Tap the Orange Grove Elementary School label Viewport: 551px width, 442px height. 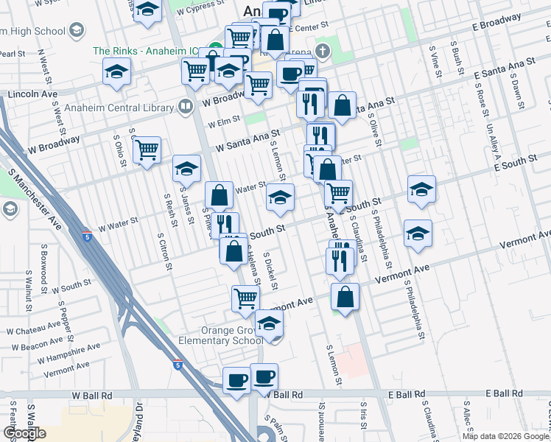click(x=222, y=335)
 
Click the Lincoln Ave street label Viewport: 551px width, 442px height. click(x=32, y=94)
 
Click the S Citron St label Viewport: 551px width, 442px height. click(x=169, y=251)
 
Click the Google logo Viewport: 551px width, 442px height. click(x=24, y=433)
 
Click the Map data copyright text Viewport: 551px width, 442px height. click(x=505, y=436)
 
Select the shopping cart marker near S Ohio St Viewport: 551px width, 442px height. click(x=147, y=150)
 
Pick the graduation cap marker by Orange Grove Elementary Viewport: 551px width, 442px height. click(x=270, y=323)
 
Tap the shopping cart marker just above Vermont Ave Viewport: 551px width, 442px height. click(x=245, y=298)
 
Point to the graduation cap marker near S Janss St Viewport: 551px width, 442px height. click(x=186, y=169)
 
